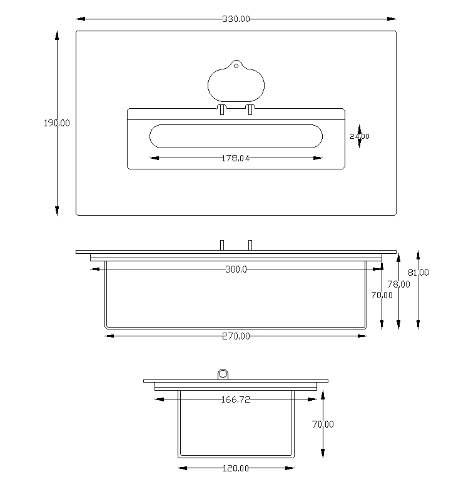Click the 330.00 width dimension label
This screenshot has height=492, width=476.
236,19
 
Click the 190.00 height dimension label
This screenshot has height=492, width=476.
56,123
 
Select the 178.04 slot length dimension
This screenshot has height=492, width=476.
236,158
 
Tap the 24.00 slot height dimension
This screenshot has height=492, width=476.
360,136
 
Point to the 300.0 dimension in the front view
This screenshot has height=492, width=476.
236,269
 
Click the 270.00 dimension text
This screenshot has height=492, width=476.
236,336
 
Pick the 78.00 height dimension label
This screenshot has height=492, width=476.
398,284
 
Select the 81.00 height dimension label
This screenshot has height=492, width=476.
418,273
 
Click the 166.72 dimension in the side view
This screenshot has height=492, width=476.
236,399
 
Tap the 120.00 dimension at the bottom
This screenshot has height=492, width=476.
236,468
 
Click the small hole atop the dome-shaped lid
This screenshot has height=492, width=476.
236,66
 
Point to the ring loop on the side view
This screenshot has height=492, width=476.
223,374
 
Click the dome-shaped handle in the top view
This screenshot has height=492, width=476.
236,84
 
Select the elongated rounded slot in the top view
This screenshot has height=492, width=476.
236,136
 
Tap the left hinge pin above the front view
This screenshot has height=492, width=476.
222,244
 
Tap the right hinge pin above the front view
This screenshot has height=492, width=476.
250,244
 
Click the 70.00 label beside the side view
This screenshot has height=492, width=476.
323,424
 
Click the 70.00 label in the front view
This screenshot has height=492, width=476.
382,295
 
